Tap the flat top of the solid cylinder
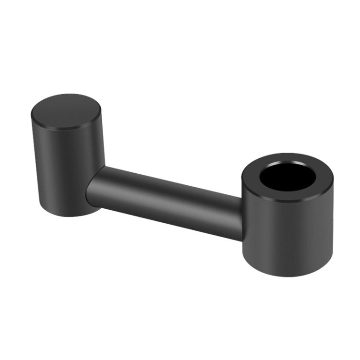[66, 111]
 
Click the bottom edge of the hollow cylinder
[288, 274]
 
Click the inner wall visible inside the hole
[288, 168]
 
